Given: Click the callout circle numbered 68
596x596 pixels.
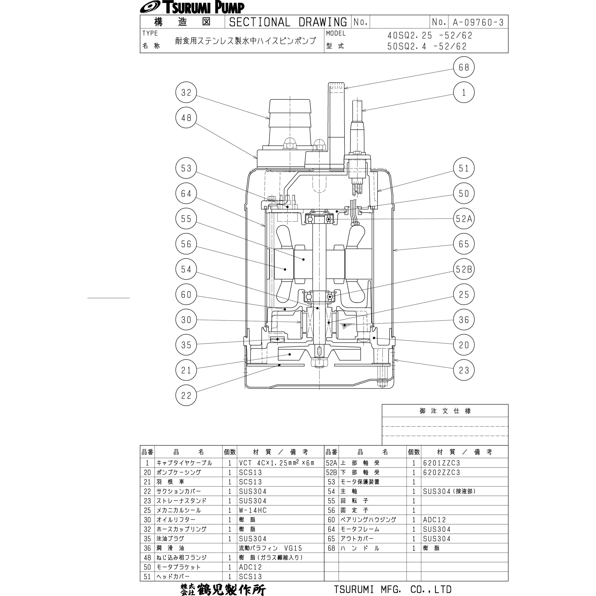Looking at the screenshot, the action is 464,67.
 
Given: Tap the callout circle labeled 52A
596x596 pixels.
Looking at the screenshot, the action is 464,219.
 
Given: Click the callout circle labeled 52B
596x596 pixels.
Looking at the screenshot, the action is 464,269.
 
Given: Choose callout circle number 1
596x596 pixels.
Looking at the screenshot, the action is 464,92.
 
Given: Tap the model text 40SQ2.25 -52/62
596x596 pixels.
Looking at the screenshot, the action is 430,36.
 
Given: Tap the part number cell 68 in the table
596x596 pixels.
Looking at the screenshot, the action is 331,548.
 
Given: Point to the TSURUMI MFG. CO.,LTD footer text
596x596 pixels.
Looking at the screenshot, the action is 393,589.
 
